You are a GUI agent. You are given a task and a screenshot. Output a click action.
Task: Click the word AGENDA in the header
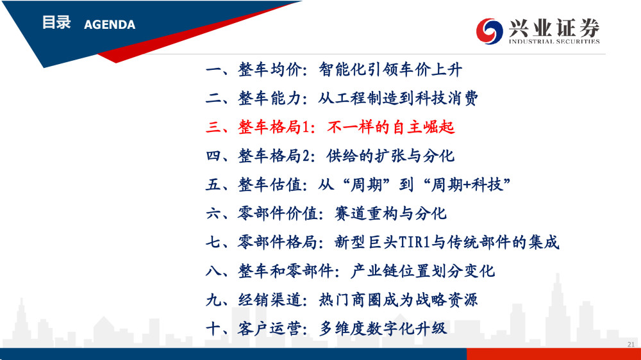tap(110, 25)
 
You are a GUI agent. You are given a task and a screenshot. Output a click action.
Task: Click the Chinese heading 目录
tap(56, 23)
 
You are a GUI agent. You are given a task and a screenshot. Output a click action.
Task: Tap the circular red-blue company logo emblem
tap(489, 31)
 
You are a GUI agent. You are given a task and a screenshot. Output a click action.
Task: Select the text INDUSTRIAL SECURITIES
tap(554, 41)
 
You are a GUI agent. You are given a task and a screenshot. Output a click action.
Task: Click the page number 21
tap(631, 345)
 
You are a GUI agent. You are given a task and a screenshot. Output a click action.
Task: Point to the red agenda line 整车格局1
tap(330, 127)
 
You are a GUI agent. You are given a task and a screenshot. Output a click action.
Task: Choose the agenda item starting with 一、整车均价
tap(334, 69)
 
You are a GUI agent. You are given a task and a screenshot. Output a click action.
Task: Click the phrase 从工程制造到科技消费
tap(398, 98)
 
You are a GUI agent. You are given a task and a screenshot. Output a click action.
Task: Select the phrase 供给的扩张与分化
tap(390, 156)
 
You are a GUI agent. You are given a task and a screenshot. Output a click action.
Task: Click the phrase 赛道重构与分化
tap(390, 213)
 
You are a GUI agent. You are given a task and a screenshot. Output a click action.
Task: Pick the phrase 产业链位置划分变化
tap(422, 270)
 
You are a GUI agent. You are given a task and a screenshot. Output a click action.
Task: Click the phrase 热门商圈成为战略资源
tap(398, 300)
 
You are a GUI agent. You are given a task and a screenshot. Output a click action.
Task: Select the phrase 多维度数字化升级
tap(383, 328)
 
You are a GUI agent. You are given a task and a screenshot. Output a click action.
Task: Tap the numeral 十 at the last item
tap(213, 328)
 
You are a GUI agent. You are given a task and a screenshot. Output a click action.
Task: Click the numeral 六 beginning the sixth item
tap(213, 213)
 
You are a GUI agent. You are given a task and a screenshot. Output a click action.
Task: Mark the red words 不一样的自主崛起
tap(390, 127)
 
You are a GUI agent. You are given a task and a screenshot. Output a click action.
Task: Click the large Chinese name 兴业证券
tap(554, 28)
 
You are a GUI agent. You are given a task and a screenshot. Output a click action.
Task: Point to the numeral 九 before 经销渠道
tap(213, 300)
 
